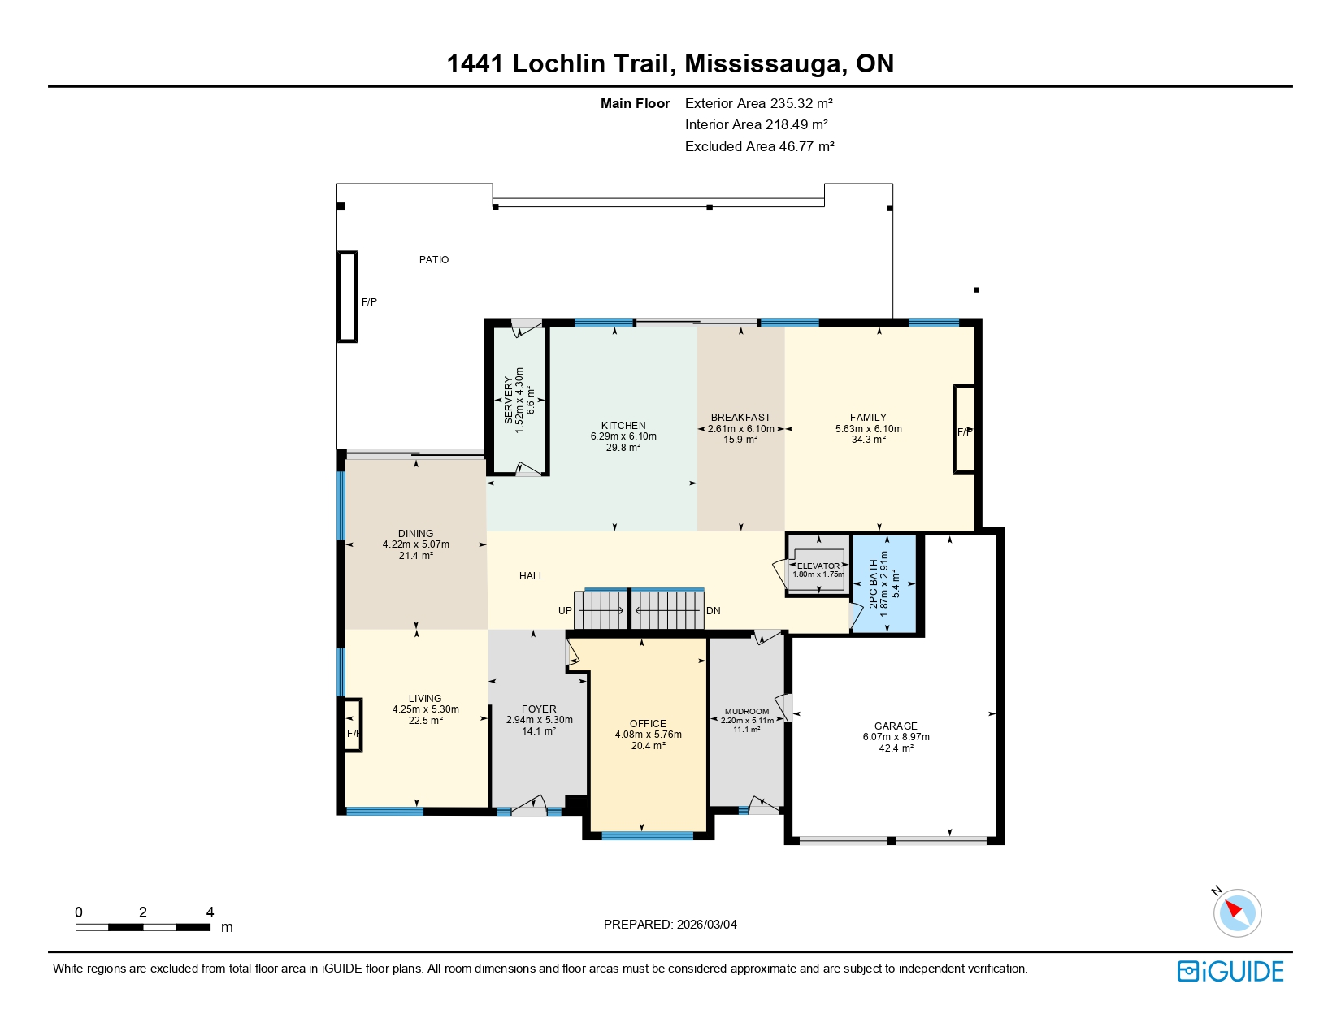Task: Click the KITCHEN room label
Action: pos(623,425)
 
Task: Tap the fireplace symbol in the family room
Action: pos(964,429)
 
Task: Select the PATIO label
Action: pos(434,260)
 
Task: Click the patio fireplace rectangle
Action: pos(348,297)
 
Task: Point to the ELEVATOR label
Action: pos(818,566)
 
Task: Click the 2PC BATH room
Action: pos(884,583)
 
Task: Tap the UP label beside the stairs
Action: pos(565,611)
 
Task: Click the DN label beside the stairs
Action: pos(714,611)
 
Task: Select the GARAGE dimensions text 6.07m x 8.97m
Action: pos(896,737)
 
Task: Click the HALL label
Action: pos(532,576)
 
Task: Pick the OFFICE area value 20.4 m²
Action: pos(648,746)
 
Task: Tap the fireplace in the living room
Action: pos(352,725)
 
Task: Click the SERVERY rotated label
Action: pos(509,400)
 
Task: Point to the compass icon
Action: pos(1237,912)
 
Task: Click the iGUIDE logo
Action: pos(1230,972)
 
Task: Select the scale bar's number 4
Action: pos(210,912)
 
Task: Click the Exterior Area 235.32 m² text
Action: pos(758,103)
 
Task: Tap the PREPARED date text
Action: pos(670,925)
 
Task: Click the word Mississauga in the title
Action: pos(762,63)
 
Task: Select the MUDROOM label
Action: pos(746,711)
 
